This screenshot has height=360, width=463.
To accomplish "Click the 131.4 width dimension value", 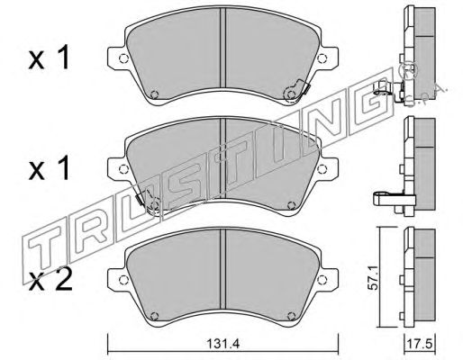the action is pos(222,344).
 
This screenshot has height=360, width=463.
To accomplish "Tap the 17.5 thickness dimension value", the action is pos(420,344).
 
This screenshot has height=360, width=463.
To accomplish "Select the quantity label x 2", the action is pos(50,281).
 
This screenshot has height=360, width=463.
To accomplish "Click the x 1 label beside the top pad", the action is pos(50,58).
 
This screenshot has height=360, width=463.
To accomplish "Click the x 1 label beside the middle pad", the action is pos(50,168).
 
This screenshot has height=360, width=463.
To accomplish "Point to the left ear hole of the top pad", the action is pos(123,58).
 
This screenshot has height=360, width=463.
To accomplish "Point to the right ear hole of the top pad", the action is pos(322,58).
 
